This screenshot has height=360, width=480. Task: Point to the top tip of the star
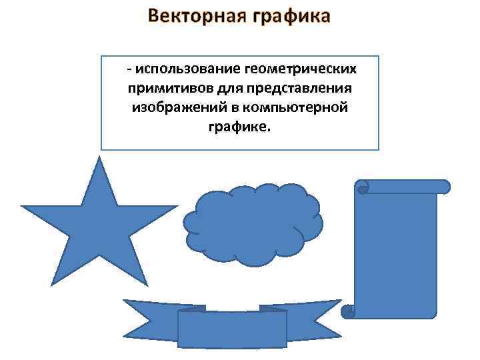[99, 160]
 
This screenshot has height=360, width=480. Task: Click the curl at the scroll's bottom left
[347, 311]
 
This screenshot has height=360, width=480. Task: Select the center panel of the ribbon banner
[233, 329]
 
